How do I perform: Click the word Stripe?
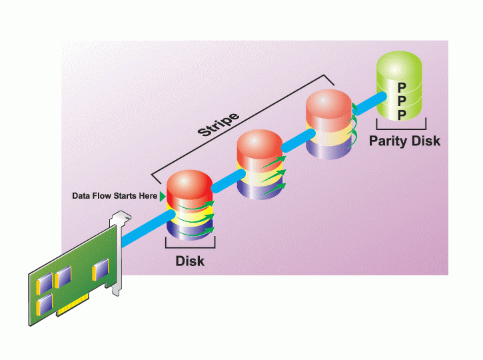point(219,120)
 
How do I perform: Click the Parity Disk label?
point(404,141)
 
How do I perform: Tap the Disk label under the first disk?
point(190,261)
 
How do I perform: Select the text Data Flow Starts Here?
point(115,197)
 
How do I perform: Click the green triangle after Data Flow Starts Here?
point(163,197)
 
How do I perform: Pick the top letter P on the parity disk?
point(402,87)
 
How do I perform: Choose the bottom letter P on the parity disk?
point(402,115)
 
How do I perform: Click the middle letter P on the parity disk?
point(402,101)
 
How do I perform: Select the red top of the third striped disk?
point(328,105)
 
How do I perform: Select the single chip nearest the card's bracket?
point(99,269)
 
